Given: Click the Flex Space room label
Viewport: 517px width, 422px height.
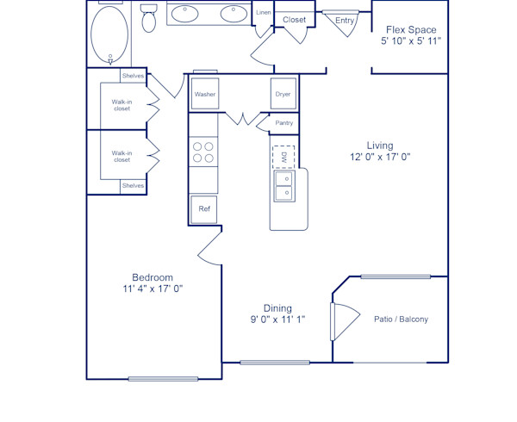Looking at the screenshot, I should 411,29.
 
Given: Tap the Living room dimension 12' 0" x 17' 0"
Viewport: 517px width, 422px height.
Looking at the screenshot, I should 379,158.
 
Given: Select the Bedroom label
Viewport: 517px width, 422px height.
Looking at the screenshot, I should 153,277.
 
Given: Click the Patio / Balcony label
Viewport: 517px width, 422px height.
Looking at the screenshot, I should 401,320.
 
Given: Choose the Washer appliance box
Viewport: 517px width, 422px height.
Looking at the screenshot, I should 205,94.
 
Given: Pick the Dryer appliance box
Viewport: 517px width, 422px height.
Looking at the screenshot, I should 283,94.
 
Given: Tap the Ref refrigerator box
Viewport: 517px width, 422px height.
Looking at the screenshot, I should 205,208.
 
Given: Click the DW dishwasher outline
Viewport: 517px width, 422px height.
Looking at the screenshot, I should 283,157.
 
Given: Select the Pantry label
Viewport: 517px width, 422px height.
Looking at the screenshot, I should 283,123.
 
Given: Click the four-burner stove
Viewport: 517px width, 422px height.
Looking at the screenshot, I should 203,152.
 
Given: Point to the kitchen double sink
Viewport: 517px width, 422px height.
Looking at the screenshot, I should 283,185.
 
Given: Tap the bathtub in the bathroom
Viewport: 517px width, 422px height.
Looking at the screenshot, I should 109,34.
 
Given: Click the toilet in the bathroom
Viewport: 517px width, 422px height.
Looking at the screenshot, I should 149,17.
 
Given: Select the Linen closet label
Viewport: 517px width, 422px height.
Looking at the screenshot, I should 264,12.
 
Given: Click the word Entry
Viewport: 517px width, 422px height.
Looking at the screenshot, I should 345,21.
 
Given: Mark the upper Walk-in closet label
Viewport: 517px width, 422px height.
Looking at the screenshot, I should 122,106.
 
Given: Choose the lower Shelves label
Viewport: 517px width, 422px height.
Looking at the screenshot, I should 133,185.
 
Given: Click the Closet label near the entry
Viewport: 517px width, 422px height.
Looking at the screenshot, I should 295,19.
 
